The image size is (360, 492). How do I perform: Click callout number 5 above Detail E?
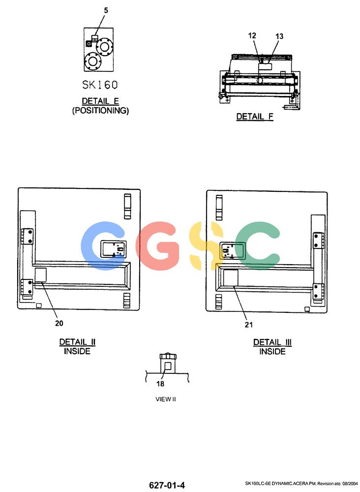[106, 10]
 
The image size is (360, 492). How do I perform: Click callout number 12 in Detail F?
[252, 36]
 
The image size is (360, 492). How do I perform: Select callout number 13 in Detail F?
[279, 36]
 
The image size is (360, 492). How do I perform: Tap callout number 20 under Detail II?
[59, 323]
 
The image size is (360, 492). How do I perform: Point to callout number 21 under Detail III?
[249, 324]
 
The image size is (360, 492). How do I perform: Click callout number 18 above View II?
[160, 383]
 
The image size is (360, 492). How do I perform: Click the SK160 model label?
[100, 85]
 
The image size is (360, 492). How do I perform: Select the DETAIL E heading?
[100, 101]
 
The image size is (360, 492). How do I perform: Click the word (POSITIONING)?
[100, 110]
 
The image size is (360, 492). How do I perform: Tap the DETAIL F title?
[255, 117]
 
